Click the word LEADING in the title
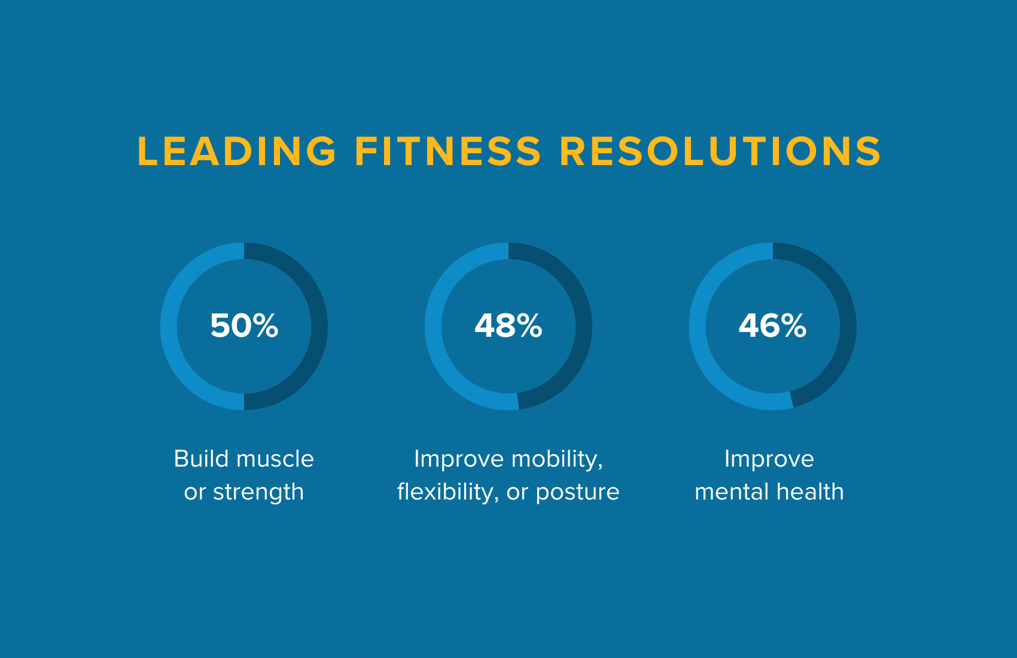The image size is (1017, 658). tap(236, 151)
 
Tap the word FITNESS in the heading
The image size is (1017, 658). tap(448, 151)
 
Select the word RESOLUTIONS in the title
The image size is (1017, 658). tap(720, 151)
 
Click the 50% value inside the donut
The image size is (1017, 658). tap(244, 325)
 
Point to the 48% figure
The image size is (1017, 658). tap(508, 325)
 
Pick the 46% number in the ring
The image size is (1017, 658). tap(773, 325)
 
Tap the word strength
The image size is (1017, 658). tap(258, 493)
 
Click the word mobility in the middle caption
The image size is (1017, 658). tap(557, 459)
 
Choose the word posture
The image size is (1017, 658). tap(577, 493)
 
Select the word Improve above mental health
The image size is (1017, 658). tap(769, 459)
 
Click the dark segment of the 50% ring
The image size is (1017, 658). tap(319, 327)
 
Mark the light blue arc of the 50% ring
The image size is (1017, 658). tap(169, 327)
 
